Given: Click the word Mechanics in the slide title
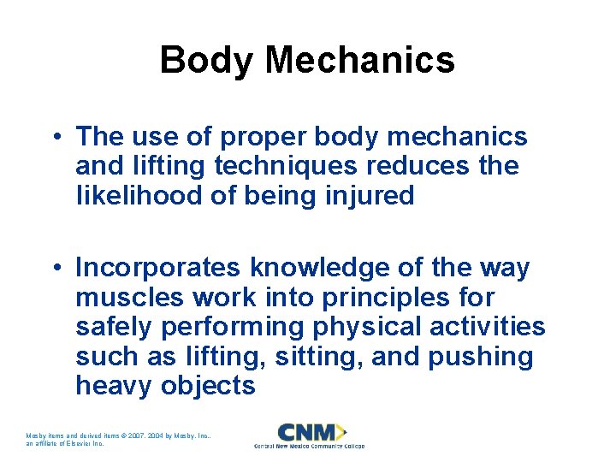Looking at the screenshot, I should pos(360,61).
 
